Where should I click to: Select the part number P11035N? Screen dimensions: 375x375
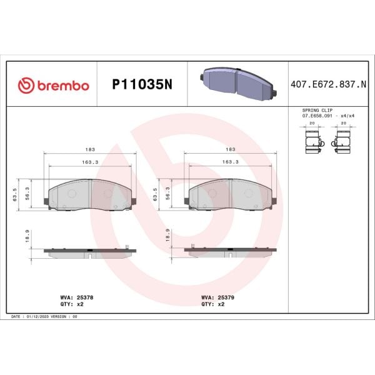coord(141,85)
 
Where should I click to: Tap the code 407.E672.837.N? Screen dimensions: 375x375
coord(328,85)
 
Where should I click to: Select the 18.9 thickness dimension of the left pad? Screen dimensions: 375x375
coord(27,236)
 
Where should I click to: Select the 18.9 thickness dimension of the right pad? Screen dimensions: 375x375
coord(167,236)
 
